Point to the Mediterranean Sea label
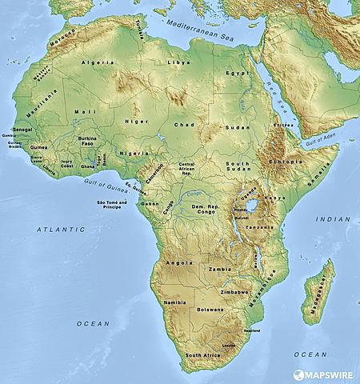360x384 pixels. tap(202, 26)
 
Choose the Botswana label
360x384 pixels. tap(210, 309)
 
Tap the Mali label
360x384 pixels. tap(80, 112)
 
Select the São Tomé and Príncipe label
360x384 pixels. tap(111, 206)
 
